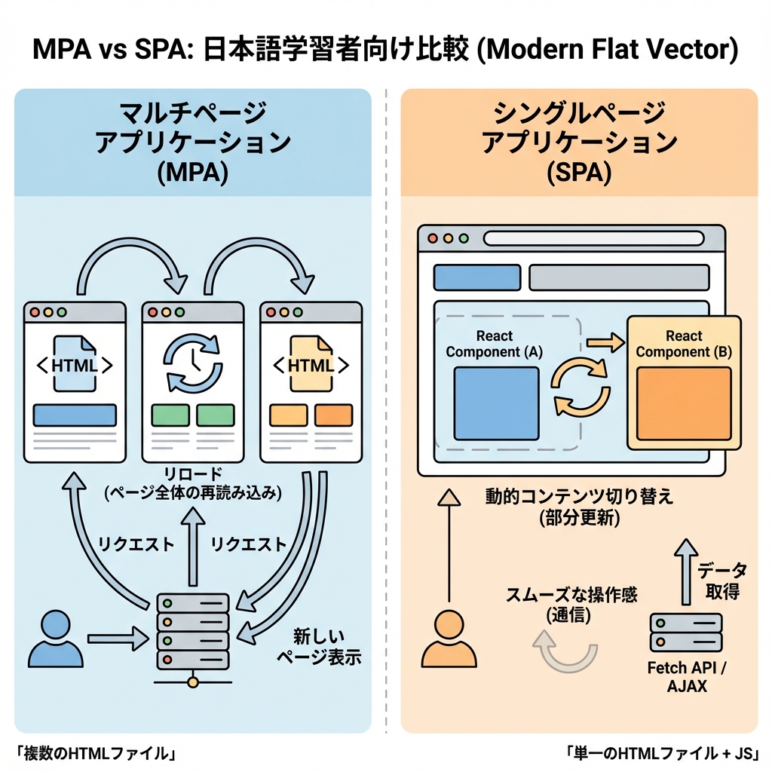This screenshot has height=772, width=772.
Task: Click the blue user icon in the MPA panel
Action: (57, 639)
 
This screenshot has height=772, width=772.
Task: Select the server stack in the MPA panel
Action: (193, 632)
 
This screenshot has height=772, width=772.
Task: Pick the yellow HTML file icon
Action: (311, 365)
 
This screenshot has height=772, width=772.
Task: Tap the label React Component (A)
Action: (494, 344)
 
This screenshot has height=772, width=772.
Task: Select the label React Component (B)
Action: (684, 344)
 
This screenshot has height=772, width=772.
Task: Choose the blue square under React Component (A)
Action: (496, 403)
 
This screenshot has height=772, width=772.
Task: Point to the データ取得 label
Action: (721, 581)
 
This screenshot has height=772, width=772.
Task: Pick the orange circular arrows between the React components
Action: (581, 388)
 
